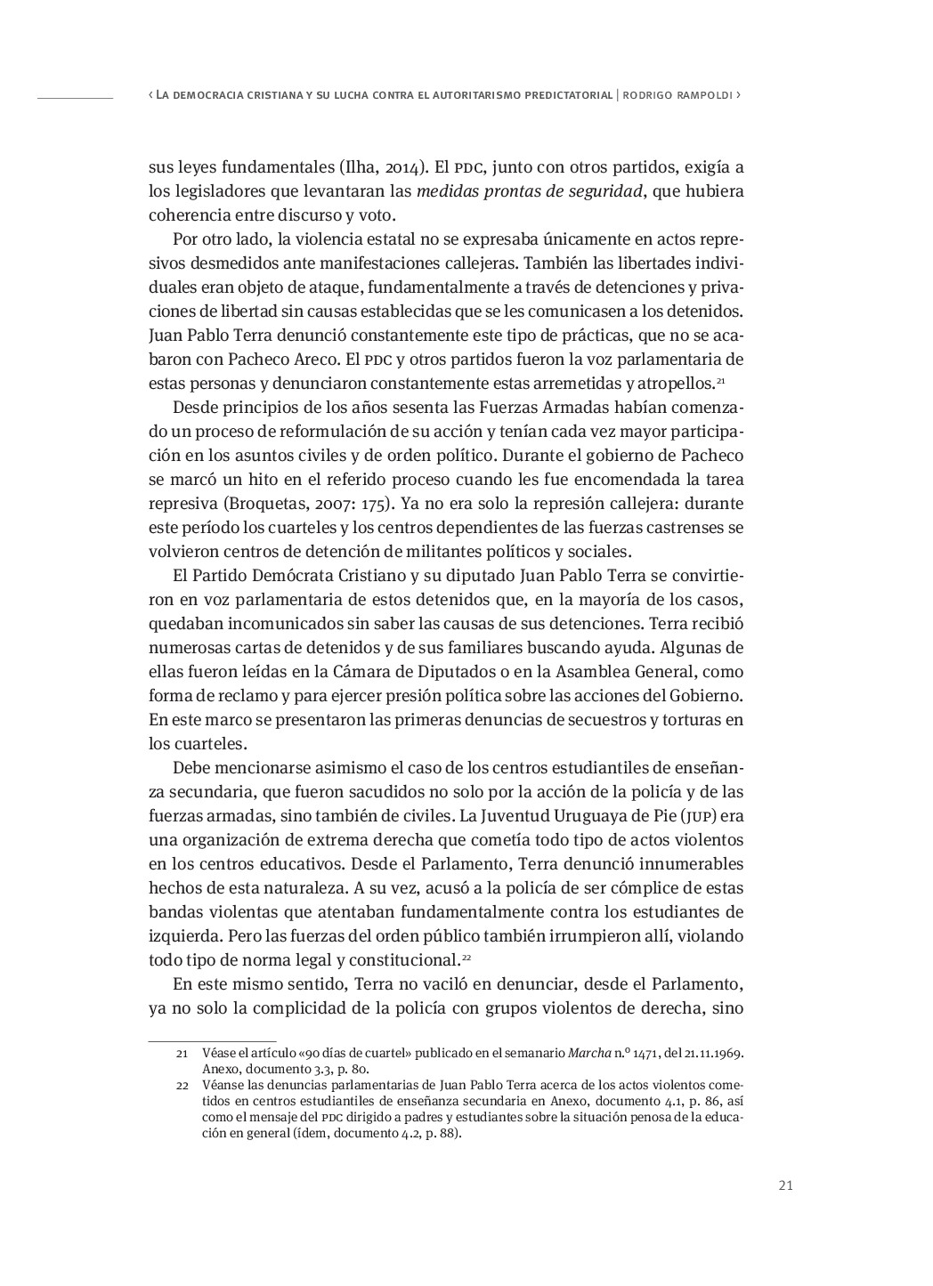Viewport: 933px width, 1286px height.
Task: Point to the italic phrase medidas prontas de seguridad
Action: (529, 191)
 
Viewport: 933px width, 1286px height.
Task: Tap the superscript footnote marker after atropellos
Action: (720, 381)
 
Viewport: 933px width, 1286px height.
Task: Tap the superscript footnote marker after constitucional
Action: (466, 958)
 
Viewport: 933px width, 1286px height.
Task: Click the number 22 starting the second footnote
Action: (182, 1086)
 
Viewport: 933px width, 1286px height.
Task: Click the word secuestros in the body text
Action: (621, 720)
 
